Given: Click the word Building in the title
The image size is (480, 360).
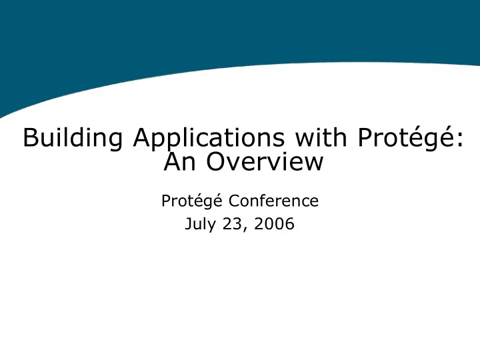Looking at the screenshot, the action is pyautogui.click(x=73, y=138).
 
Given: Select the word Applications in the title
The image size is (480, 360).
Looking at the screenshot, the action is pyautogui.click(x=209, y=138).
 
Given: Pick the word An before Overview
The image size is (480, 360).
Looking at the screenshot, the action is pyautogui.click(x=179, y=161).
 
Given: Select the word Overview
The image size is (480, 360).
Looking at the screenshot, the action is pyautogui.click(x=265, y=161).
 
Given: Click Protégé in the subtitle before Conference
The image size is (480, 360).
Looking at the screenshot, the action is pyautogui.click(x=192, y=201).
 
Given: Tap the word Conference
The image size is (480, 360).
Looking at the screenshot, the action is pyautogui.click(x=273, y=201).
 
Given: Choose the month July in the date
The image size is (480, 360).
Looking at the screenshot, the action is pyautogui.click(x=200, y=225).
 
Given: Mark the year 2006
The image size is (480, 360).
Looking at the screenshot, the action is pyautogui.click(x=274, y=224).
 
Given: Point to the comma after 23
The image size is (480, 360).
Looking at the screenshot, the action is pyautogui.click(x=245, y=229).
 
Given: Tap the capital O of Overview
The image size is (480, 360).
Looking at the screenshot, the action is pyautogui.click(x=215, y=161).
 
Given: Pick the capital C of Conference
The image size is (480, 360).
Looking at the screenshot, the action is pyautogui.click(x=235, y=201).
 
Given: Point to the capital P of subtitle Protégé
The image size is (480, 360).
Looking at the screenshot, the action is pyautogui.click(x=166, y=201).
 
